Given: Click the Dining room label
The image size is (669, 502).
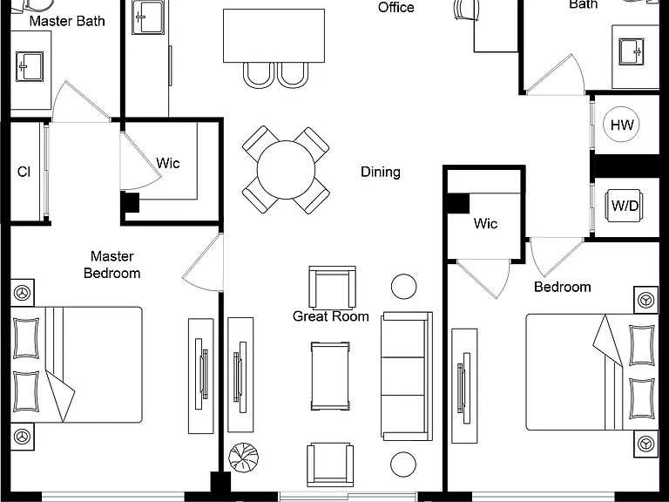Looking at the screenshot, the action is pyautogui.click(x=381, y=172).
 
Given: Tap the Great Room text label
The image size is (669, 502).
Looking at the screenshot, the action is pyautogui.click(x=331, y=316).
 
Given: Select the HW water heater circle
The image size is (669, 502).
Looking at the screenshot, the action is pyautogui.click(x=622, y=125).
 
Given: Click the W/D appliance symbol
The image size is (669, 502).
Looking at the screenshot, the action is pyautogui.click(x=625, y=207).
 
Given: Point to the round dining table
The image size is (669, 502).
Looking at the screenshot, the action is pyautogui.click(x=286, y=170).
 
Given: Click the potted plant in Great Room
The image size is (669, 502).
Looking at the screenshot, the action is pyautogui.click(x=243, y=458).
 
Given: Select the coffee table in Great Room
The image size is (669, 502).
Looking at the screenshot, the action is pyautogui.click(x=330, y=376).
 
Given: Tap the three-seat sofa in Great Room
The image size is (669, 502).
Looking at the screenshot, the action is pyautogui.click(x=407, y=376).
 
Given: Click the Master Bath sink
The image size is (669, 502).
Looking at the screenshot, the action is pyautogui.click(x=30, y=66).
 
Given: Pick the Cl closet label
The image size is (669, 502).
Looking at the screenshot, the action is pyautogui.click(x=24, y=172).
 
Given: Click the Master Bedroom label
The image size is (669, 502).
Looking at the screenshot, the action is pyautogui.click(x=112, y=265).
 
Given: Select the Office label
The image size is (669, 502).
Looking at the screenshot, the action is pyautogui.click(x=396, y=7).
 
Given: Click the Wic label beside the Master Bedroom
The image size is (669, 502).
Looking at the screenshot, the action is pyautogui.click(x=168, y=163).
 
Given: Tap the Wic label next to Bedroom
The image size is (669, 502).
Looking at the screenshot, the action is pyautogui.click(x=485, y=223).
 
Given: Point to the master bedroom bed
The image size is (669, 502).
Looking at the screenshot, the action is pyautogui.click(x=77, y=364).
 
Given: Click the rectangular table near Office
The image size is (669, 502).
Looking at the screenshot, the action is pyautogui.click(x=274, y=36).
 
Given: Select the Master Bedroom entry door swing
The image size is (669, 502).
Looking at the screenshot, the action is pyautogui.click(x=202, y=263).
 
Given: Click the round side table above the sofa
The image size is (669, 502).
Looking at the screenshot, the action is pyautogui.click(x=403, y=287).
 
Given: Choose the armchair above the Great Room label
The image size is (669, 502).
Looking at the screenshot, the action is pyautogui.click(x=332, y=288).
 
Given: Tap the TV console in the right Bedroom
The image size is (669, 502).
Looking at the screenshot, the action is pyautogui.click(x=464, y=386).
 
